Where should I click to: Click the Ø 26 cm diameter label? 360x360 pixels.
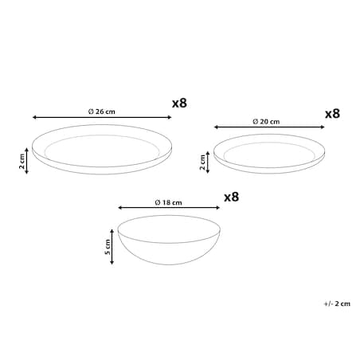click(x=102, y=112)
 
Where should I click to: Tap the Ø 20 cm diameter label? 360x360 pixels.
click(x=266, y=122)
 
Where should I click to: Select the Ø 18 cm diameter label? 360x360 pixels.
click(x=168, y=202)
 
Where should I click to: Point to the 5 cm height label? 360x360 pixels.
click(x=108, y=247)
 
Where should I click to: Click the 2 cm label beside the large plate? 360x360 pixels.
click(x=22, y=161)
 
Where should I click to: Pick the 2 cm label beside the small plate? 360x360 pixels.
click(x=202, y=162)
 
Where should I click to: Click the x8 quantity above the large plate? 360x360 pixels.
click(x=179, y=103)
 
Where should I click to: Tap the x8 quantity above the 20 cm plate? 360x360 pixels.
click(x=332, y=114)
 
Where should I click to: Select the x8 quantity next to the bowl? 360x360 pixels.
click(x=232, y=197)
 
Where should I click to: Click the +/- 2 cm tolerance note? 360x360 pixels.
click(x=337, y=303)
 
